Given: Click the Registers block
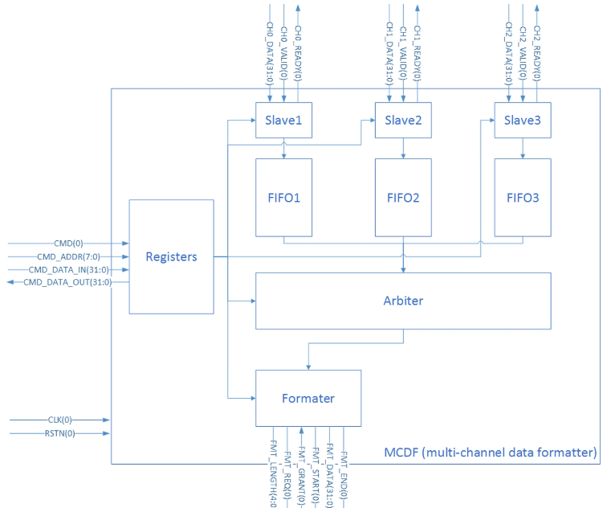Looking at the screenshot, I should (171, 256).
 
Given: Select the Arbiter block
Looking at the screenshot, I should (403, 301).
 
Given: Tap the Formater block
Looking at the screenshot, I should (307, 398).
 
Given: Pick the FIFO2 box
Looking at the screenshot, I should (403, 197).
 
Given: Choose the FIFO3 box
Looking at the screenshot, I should (523, 197).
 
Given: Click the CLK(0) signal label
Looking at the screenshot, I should (56, 420).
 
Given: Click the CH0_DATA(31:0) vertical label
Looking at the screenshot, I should (269, 53).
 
